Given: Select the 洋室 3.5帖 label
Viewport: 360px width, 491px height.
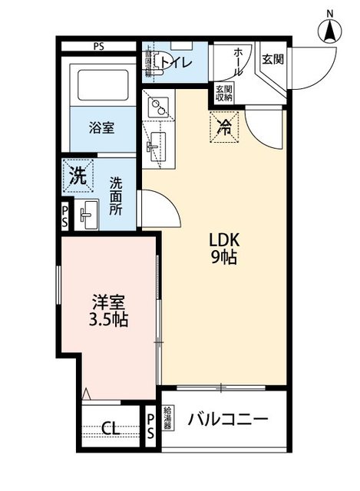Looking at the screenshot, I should pyautogui.click(x=107, y=311).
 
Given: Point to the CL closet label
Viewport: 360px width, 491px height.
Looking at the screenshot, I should pyautogui.click(x=110, y=428).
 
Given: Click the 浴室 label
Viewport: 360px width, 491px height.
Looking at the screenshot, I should pyautogui.click(x=101, y=127).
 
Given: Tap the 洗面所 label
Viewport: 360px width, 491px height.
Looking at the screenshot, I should pyautogui.click(x=116, y=196).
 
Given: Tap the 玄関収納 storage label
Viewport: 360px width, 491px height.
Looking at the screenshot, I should pyautogui.click(x=224, y=92).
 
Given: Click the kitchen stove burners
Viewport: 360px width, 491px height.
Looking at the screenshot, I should pyautogui.click(x=157, y=107).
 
